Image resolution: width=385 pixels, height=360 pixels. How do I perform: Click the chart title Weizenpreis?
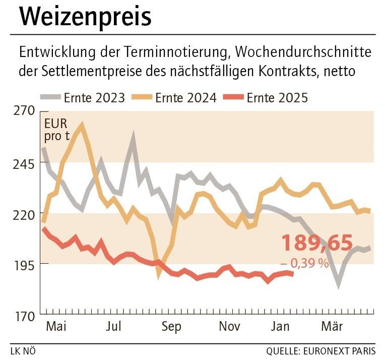pos(86,17)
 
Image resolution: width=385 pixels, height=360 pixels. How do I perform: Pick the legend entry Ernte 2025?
pos(277,97)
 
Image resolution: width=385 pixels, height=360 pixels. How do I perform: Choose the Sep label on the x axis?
pos(171,327)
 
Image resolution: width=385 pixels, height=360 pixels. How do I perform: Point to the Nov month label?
pos(230,327)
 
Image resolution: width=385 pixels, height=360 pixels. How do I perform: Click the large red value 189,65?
pos(316,243)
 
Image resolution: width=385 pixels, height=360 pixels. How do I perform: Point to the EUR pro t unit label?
pos(56,130)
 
